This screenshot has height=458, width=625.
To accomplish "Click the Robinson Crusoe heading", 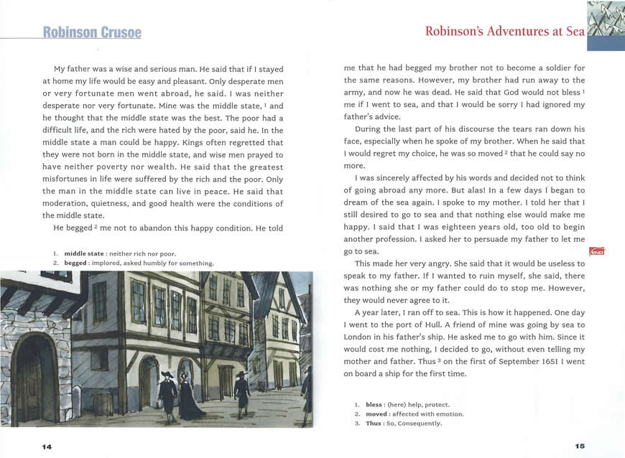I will tap(92, 32).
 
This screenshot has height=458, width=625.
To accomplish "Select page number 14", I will tap(47, 447).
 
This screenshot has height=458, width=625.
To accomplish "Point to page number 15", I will tap(580, 446).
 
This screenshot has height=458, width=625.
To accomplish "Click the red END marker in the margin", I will tap(596, 251).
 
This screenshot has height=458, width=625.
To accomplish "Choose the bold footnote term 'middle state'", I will tap(84, 253).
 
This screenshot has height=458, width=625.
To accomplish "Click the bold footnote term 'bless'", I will tap(374, 404).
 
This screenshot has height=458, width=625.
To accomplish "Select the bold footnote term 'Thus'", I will tap(373, 423).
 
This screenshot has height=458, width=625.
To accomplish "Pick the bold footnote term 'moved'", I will tap(376, 413).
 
